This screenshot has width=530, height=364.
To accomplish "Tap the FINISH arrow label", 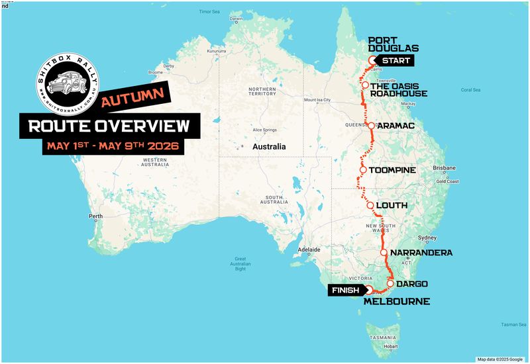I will [x=346, y=290].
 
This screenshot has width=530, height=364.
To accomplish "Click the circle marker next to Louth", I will [x=370, y=205].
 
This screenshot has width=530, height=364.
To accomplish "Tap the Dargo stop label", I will [x=412, y=284].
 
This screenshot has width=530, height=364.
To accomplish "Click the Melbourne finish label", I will [x=397, y=302].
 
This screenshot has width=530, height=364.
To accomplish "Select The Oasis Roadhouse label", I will [x=398, y=89].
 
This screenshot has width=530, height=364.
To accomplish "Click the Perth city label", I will [x=97, y=216].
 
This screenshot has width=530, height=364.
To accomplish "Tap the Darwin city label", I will [x=237, y=19].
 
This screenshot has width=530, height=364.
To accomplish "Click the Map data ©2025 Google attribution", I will [x=500, y=359].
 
